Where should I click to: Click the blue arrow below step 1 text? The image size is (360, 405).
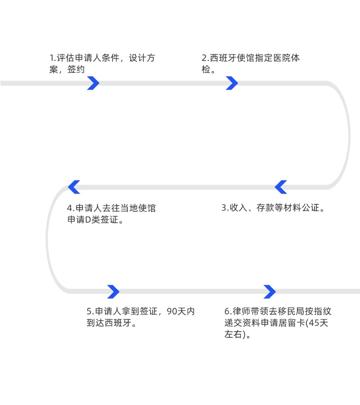tap(93, 83)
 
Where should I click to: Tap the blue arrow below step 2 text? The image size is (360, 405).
tap(232, 83)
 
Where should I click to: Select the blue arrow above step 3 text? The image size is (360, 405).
tap(281, 187)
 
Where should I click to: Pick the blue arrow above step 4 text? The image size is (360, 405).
tap(74, 187)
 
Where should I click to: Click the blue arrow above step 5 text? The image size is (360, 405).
tap(113, 292)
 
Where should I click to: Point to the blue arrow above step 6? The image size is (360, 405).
tap(270, 292)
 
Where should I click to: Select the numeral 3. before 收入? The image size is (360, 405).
tap(225, 208)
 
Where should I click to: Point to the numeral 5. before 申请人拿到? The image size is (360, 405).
tap(90, 311)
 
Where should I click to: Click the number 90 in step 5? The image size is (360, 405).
tap(171, 311)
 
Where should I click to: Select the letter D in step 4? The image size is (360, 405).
tap(88, 220)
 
